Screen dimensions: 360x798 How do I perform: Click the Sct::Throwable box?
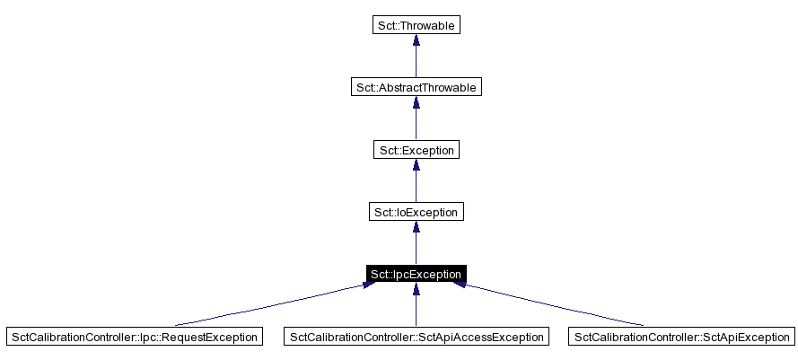tap(416, 25)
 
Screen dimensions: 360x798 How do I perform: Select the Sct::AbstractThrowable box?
tap(416, 87)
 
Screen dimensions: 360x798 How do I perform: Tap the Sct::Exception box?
tap(416, 150)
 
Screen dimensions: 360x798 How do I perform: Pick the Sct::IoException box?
tap(416, 212)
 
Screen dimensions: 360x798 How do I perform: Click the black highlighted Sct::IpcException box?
tap(416, 274)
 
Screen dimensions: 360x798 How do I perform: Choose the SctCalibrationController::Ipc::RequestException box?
tap(135, 337)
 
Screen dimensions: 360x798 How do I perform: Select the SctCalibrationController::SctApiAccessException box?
tap(416, 337)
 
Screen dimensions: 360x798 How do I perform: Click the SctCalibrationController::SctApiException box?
tap(681, 337)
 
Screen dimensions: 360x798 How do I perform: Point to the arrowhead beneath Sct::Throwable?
tap(416, 41)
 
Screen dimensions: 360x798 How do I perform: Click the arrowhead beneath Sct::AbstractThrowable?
tap(416, 103)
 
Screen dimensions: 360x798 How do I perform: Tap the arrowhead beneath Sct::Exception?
tap(416, 166)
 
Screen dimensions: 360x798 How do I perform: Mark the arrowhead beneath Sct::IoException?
tap(416, 228)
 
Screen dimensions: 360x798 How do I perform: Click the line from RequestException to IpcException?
tap(269, 304)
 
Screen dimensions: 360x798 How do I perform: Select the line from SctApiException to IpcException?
tap(557, 305)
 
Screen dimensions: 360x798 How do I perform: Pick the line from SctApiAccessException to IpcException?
tap(416, 310)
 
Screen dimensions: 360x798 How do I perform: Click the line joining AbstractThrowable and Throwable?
tap(416, 63)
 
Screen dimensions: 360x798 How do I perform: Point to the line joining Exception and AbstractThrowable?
tap(416, 126)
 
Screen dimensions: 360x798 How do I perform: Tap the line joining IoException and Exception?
tap(416, 188)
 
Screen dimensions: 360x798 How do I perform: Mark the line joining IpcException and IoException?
tap(416, 250)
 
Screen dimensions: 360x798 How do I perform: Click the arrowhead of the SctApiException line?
tap(460, 285)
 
